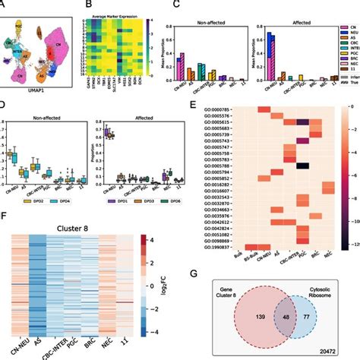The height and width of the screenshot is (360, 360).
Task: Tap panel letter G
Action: [x=200, y=270]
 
